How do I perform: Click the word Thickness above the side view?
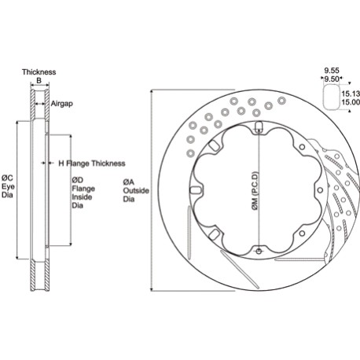pyautogui.click(x=39, y=72)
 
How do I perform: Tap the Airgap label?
pyautogui.click(x=63, y=103)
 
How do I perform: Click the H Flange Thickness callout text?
pyautogui.click(x=91, y=163)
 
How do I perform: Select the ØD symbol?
pyautogui.click(x=77, y=179)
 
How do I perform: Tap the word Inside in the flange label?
pyautogui.click(x=81, y=197)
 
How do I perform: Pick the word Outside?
pyautogui.click(x=134, y=191)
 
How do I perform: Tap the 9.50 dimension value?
pyautogui.click(x=332, y=79)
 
